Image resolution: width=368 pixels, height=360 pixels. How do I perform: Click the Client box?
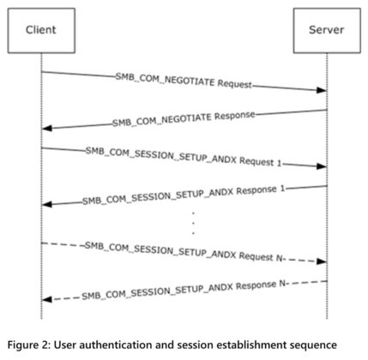(40, 30)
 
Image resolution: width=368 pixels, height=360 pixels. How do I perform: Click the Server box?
(326, 30)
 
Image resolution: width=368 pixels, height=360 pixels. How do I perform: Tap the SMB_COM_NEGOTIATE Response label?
(184, 119)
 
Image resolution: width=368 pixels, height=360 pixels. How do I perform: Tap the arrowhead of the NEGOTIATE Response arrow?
(46, 128)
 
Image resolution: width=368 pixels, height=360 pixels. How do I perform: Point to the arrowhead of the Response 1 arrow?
(46, 205)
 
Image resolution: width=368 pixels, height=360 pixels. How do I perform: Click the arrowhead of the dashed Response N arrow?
(46, 298)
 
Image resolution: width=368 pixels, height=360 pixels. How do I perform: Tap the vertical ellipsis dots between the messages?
(193, 222)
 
